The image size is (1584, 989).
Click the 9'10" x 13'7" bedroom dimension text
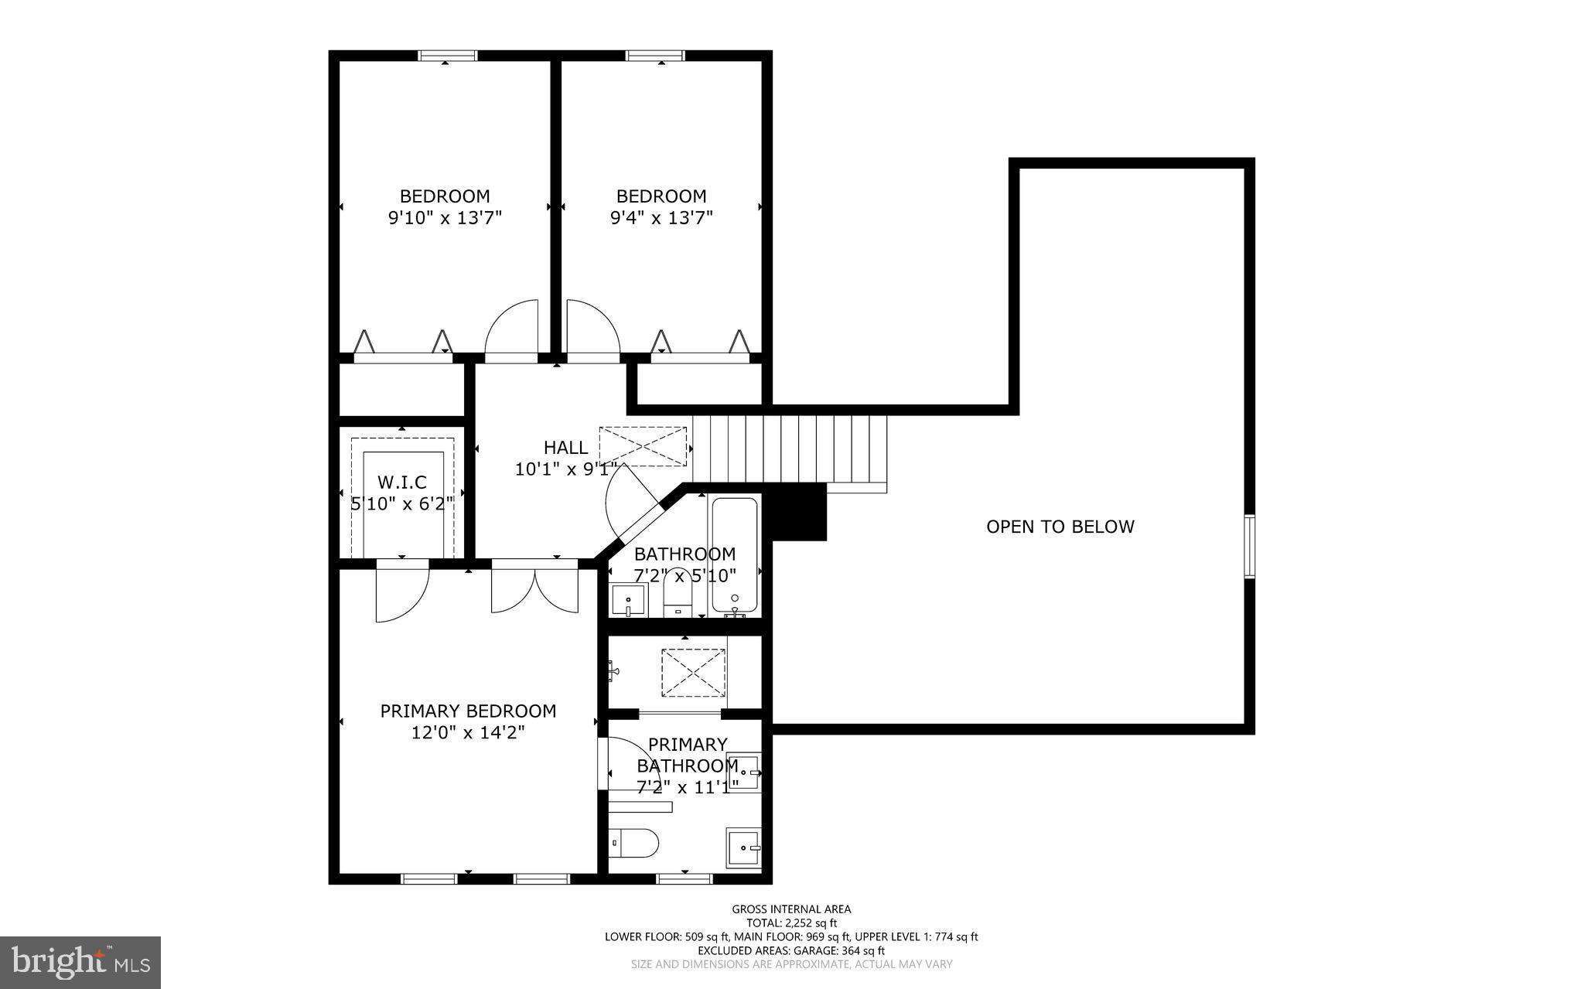click(445, 218)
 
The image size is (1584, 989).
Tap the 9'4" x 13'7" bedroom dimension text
click(661, 218)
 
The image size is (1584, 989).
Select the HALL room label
click(565, 447)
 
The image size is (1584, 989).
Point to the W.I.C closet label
click(401, 483)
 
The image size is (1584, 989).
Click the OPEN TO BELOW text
click(1060, 527)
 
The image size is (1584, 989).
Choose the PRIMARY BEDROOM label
click(468, 711)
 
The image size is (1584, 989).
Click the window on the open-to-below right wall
click(1248, 546)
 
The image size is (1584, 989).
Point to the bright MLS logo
click(80, 961)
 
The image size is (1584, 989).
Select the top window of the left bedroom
click(448, 56)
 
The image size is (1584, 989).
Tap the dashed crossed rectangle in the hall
click(643, 446)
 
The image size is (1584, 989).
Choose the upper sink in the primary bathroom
click(744, 772)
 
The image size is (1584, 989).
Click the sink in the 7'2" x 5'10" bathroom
click(628, 600)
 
